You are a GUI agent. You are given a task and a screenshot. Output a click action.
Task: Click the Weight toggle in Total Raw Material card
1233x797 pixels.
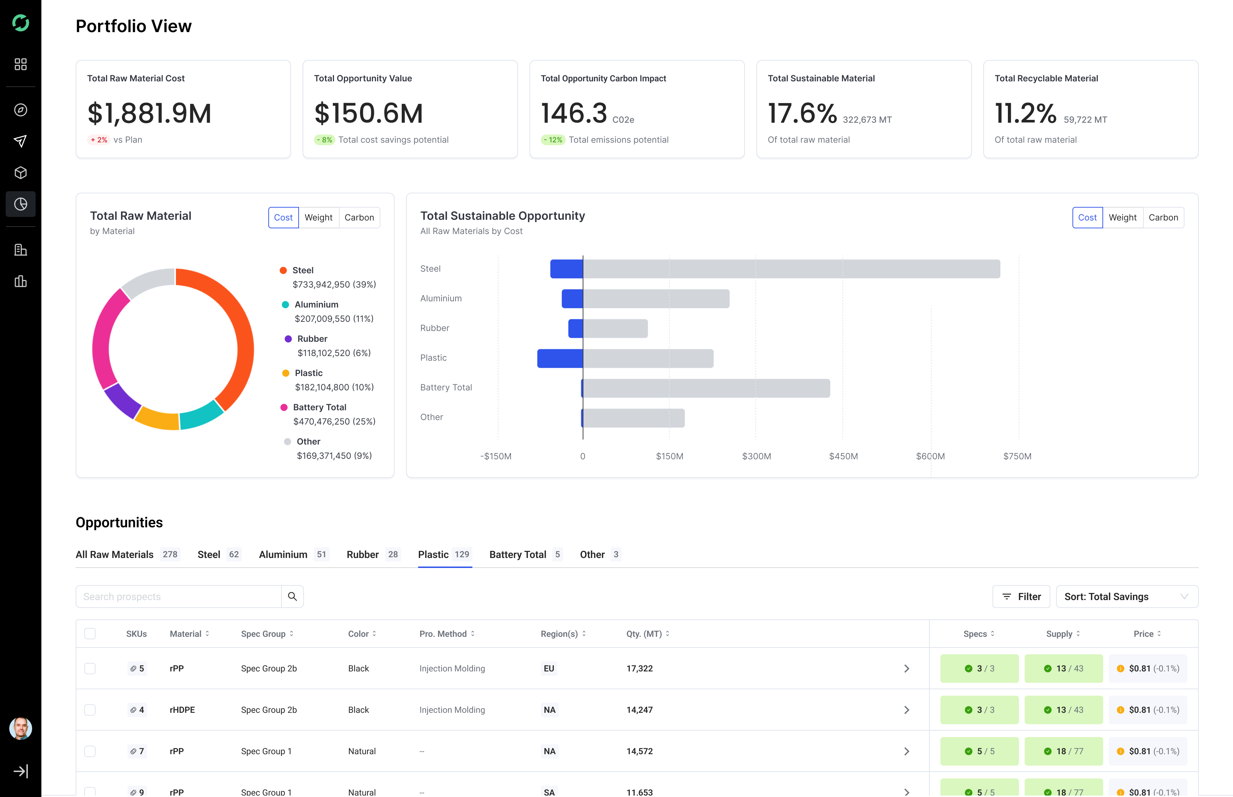click(x=318, y=217)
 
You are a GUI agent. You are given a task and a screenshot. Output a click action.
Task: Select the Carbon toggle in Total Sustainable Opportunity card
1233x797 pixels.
click(x=1163, y=217)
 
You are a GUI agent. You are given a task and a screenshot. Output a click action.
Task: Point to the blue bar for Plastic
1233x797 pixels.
click(x=560, y=358)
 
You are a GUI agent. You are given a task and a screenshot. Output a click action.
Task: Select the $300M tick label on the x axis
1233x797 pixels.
click(x=756, y=456)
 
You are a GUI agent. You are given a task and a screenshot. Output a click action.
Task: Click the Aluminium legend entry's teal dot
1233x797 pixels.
click(x=285, y=304)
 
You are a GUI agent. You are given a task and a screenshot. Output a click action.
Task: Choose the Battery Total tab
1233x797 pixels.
click(x=525, y=554)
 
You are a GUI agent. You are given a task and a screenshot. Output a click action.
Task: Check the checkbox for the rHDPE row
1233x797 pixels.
click(x=90, y=710)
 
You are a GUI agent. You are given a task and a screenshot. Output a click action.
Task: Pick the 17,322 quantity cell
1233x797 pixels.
click(x=640, y=668)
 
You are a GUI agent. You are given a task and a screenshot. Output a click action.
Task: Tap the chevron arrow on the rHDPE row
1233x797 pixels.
click(x=907, y=710)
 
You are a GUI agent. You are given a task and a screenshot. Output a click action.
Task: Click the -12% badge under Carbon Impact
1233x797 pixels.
click(x=553, y=140)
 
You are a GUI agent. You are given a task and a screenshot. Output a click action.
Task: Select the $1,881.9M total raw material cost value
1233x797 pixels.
click(x=149, y=113)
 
